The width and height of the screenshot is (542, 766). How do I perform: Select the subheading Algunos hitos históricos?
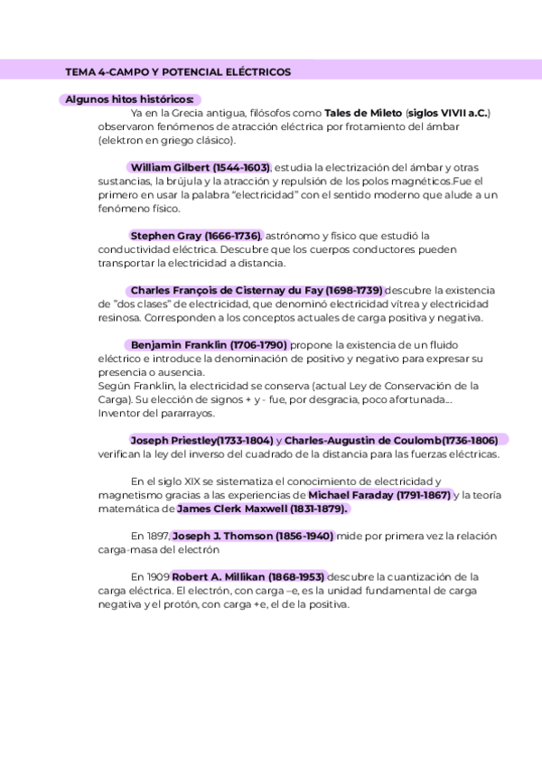[x=129, y=98]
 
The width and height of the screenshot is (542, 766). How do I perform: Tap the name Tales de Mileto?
[x=362, y=113]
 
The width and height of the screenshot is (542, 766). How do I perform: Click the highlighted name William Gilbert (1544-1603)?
[x=200, y=168]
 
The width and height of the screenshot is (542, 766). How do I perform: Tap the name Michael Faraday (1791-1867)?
[x=379, y=495]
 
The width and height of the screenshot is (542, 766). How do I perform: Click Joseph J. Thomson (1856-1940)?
[x=253, y=536]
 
